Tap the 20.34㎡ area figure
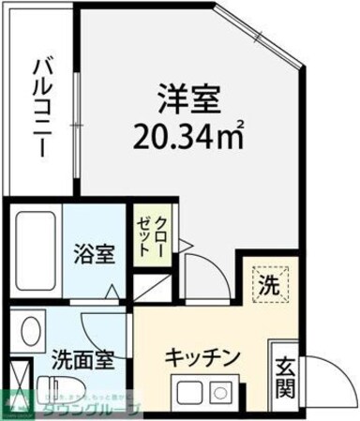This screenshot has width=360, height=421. pos(191,139)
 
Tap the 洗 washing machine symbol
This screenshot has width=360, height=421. pos(269,283)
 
